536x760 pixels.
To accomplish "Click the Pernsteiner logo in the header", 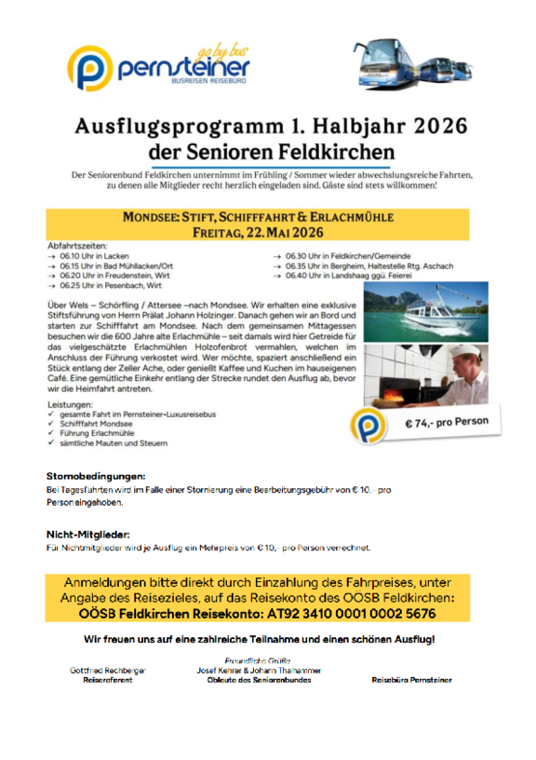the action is (158, 68).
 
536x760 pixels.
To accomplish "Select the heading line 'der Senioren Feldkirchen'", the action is (271, 151).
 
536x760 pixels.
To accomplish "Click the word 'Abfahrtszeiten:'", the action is (76, 246).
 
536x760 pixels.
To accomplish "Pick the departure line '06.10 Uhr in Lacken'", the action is (94, 255).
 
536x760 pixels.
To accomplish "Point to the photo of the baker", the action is (424, 375).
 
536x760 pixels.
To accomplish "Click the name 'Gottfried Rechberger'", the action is (108, 670).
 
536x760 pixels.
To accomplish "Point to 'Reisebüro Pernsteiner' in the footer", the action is (411, 680).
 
